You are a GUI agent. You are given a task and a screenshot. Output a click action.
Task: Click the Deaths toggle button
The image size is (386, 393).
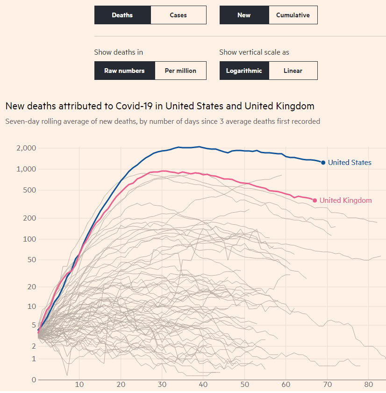click(x=122, y=15)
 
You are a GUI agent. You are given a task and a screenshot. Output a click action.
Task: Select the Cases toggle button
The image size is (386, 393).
click(x=178, y=15)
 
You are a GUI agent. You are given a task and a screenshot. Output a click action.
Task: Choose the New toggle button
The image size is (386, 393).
click(x=244, y=15)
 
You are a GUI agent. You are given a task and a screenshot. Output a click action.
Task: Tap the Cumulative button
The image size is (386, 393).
click(x=293, y=15)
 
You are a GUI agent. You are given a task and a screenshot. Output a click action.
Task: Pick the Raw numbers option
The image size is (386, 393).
click(x=124, y=71)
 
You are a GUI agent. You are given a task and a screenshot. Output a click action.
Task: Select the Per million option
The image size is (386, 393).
click(x=180, y=71)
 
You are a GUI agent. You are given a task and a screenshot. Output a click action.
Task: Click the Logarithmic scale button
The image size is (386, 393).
click(x=244, y=71)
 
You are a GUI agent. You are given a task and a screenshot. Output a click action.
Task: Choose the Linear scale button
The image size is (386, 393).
click(x=293, y=71)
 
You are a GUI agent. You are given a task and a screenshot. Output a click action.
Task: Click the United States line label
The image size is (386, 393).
click(x=350, y=163)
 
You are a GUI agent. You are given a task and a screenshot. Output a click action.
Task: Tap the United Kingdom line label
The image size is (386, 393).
click(x=345, y=200)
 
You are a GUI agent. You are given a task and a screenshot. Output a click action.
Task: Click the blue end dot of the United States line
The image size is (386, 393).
click(x=323, y=163)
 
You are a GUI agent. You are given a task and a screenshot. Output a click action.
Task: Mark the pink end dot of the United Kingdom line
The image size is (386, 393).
click(x=315, y=200)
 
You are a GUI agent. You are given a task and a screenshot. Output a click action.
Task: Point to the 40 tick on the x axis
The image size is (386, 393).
click(x=203, y=384)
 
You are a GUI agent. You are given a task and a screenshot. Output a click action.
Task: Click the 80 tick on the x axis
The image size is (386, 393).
click(x=369, y=384)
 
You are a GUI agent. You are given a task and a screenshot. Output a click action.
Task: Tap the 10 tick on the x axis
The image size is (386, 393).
click(x=79, y=384)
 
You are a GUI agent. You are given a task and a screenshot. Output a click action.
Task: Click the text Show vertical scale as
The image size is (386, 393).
click(x=254, y=52)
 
